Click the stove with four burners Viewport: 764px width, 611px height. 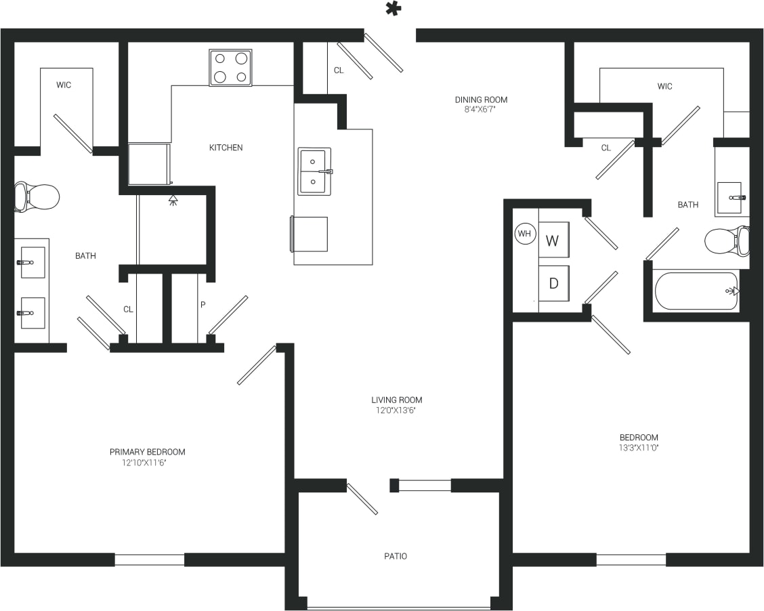[x=230, y=68]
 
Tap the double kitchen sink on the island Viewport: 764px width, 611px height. [x=314, y=171]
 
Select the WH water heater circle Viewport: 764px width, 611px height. [x=524, y=234]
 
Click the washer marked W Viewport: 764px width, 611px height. [x=553, y=240]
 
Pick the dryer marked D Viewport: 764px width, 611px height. [x=553, y=283]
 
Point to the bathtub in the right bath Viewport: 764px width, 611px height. [x=696, y=291]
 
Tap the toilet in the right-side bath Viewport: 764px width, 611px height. [x=726, y=240]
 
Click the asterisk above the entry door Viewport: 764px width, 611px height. [x=393, y=9]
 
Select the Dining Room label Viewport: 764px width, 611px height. [x=481, y=100]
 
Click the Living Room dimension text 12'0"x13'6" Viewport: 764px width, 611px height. [x=396, y=410]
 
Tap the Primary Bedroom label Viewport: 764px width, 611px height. [x=147, y=452]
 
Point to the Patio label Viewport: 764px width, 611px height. [x=396, y=556]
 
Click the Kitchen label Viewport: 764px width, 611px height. [x=226, y=148]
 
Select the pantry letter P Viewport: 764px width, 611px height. [x=203, y=305]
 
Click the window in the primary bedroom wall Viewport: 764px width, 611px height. [x=149, y=560]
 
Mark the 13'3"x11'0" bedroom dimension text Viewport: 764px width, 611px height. [x=639, y=448]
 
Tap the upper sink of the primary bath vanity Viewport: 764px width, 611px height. [x=32, y=261]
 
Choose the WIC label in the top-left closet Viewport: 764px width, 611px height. [x=64, y=85]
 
